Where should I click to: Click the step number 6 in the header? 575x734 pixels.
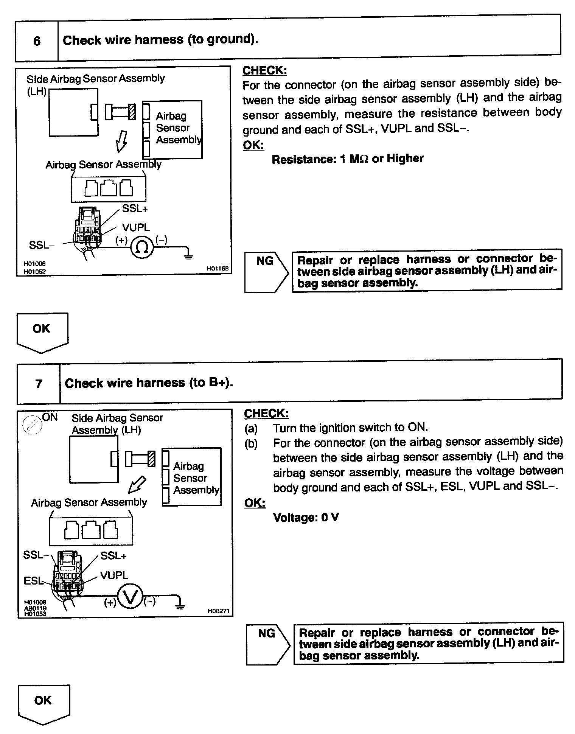(37, 41)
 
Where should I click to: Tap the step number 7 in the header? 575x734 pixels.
(39, 384)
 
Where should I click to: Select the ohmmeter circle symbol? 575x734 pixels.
(142, 247)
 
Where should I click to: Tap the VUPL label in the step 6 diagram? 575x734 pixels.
(136, 227)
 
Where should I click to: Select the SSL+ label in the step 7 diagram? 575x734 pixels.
(113, 555)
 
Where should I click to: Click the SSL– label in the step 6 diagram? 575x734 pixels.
(42, 245)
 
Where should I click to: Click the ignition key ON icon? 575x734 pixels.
(31, 425)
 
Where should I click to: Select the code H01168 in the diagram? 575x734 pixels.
(218, 268)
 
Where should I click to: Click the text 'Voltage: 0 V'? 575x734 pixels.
(306, 517)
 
